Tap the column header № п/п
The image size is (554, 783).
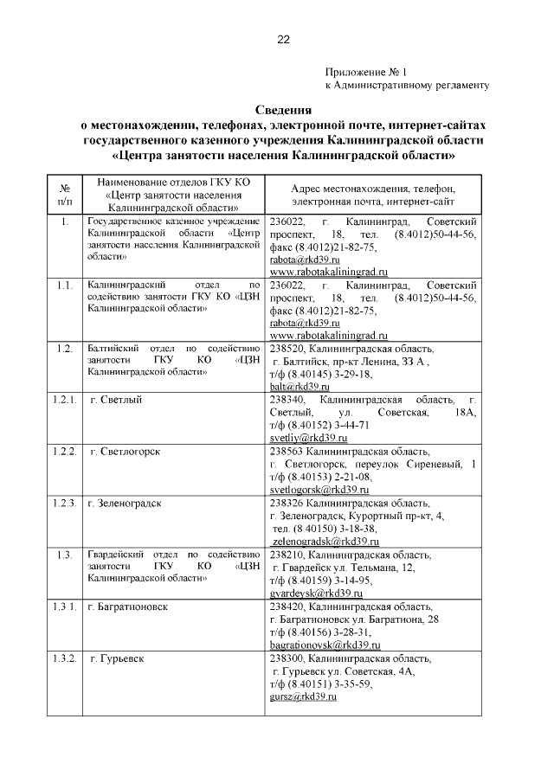coord(64,195)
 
